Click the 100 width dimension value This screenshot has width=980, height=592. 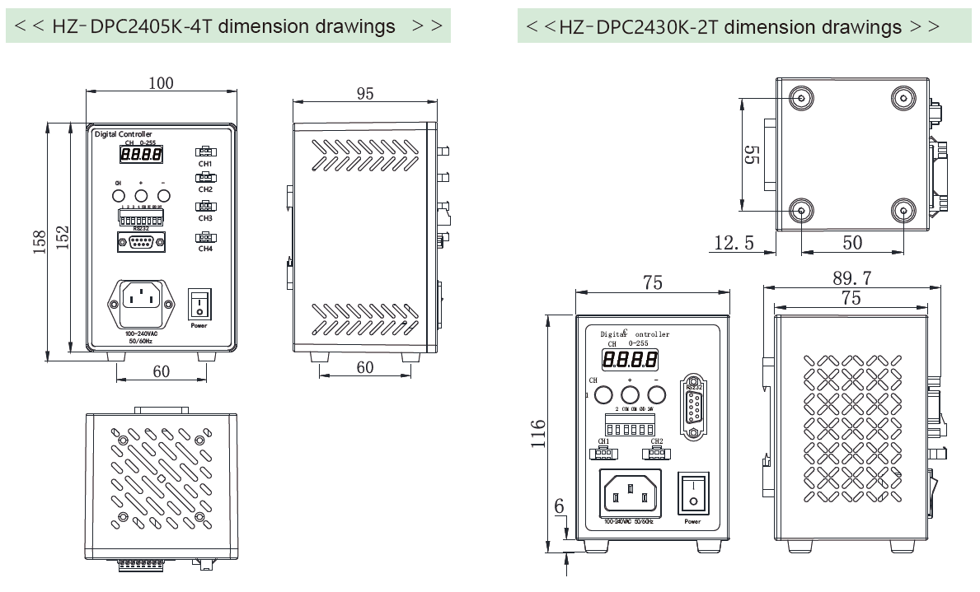pos(162,83)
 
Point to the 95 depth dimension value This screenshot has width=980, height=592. pos(364,93)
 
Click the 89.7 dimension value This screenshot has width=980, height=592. pos(851,277)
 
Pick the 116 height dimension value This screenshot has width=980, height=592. pos(537,433)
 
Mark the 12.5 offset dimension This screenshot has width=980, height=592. pos(733,241)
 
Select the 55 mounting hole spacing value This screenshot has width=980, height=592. pos(752,155)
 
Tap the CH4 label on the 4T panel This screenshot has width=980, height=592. pos(205,249)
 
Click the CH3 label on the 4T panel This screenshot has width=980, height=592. pos(205,218)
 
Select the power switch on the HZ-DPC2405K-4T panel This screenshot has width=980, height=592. pos(199,305)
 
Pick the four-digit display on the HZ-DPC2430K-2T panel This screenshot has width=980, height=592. pos(630,359)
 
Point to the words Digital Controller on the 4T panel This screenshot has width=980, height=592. pos(124,134)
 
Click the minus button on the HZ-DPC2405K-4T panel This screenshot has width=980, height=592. pos(163,196)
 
